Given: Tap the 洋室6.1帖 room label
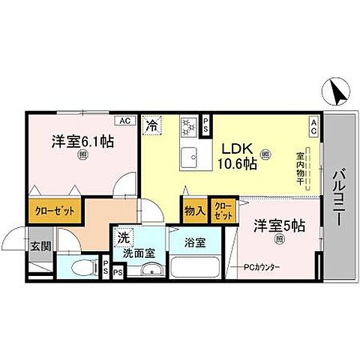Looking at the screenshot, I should pyautogui.click(x=82, y=141).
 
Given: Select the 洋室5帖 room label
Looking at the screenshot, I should pyautogui.click(x=279, y=224).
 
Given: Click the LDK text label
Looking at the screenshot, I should pyautogui.click(x=233, y=148).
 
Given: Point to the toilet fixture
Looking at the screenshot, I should pyautogui.click(x=82, y=266).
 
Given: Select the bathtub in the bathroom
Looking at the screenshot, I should pyautogui.click(x=197, y=268).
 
